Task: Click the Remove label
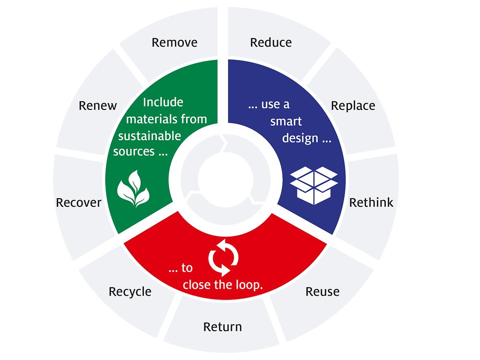coord(175,43)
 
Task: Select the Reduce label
coord(271,43)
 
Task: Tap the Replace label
coord(353,106)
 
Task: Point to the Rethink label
coord(372,203)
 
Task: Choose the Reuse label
coord(323,292)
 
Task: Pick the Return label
coord(223,327)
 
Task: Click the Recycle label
coord(130,292)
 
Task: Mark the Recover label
coord(79,203)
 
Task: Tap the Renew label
coord(97,106)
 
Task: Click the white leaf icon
coord(133,189)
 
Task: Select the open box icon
coord(314,185)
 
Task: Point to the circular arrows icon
coord(224,258)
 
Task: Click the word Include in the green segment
coord(163,102)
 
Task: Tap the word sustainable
coord(150,136)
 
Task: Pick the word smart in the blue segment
coord(286,121)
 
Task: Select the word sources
coord(134,152)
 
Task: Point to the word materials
coord(152,119)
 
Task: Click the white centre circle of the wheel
coord(226,180)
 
